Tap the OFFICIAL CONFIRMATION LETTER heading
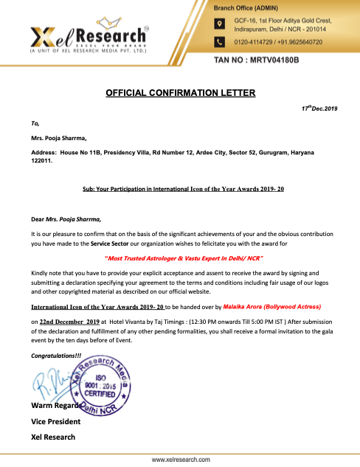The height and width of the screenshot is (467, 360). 181,93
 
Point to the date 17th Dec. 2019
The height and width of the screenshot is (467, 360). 319,108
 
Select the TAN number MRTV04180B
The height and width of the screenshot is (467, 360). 256,58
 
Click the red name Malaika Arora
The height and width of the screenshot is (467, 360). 272,305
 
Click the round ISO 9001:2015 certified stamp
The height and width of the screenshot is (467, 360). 80,388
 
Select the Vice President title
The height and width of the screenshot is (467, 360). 55,421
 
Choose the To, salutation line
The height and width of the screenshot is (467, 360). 35,123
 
